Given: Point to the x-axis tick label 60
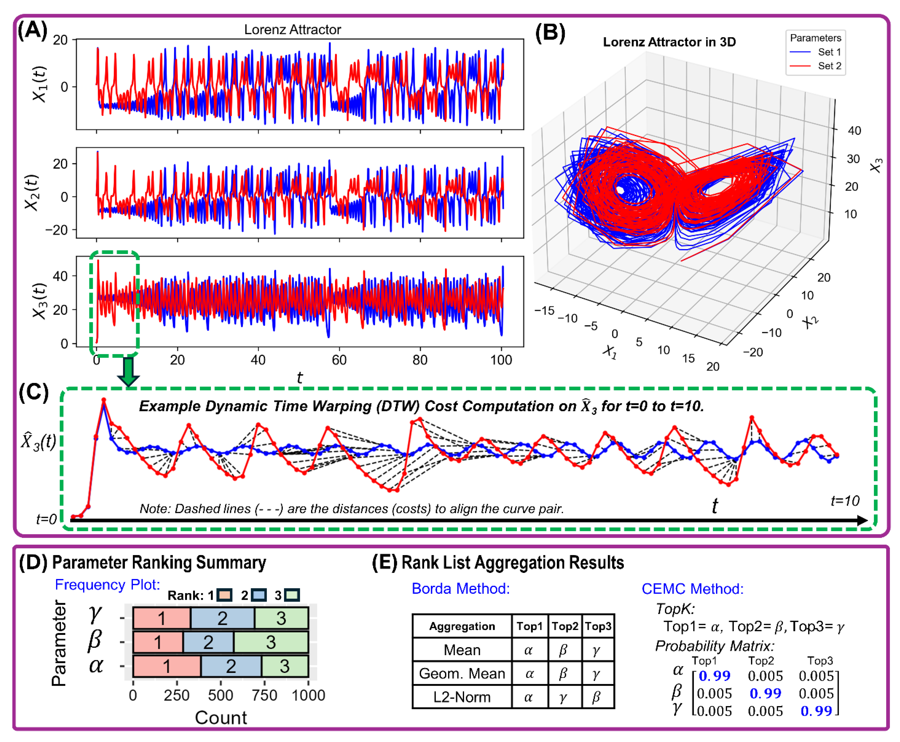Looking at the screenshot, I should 339,360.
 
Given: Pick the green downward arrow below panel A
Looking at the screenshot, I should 128,371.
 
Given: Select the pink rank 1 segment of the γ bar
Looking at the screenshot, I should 161,618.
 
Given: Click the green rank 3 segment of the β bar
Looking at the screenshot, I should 271,642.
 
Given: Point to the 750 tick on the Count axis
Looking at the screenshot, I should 265,695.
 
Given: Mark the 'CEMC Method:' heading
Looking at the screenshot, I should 692,589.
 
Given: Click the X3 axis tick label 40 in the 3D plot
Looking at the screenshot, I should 854,131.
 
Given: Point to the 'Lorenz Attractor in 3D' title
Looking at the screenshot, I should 669,42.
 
